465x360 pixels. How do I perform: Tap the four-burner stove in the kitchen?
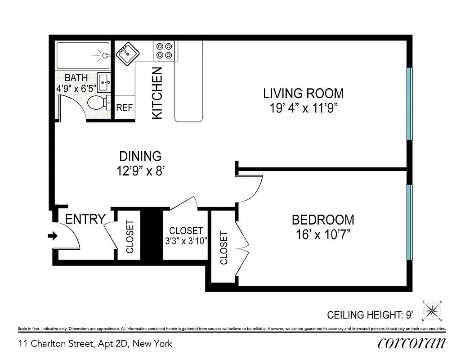coord(164,50)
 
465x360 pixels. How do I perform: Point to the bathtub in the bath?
coord(83,55)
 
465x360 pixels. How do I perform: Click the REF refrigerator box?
coord(125,108)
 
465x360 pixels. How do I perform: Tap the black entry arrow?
coord(53,236)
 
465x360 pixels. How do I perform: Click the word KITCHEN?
coord(157,93)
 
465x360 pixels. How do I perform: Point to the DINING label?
coord(140,156)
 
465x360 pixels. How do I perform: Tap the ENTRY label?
coord(85,219)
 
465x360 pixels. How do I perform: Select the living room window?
coord(409,103)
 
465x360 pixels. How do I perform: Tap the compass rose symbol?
coord(432,310)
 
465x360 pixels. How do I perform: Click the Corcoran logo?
coord(411,343)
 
